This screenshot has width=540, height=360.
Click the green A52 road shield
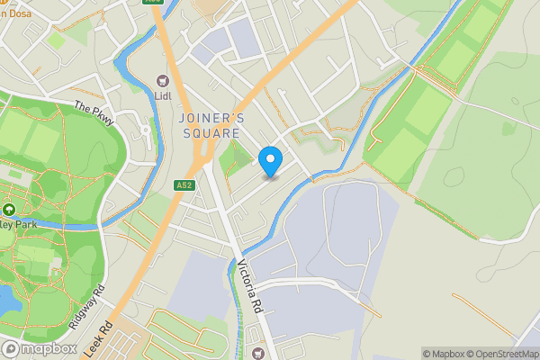pos(184,185)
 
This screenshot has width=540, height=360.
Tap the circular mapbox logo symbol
pos(12,349)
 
